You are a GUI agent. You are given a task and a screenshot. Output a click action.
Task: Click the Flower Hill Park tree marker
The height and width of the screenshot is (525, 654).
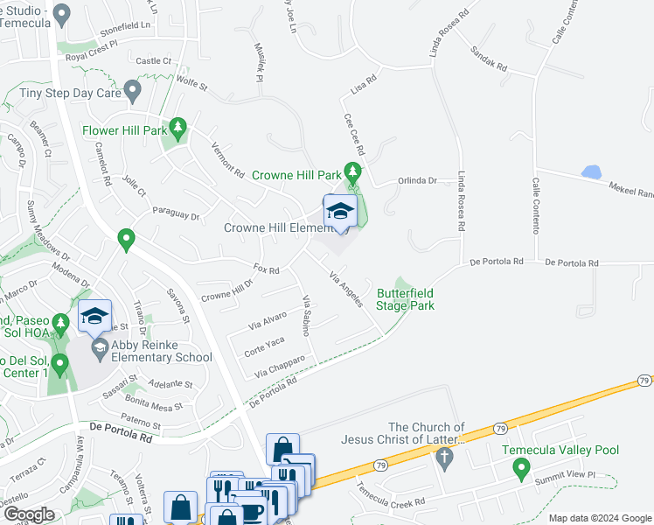[x=178, y=129]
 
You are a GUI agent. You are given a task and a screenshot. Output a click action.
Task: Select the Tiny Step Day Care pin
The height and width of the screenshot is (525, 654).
[x=133, y=89]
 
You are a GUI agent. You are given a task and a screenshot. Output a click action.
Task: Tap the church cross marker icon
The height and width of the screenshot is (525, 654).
[x=444, y=457]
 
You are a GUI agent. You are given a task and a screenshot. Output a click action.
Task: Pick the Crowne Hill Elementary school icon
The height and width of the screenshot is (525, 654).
[x=340, y=212]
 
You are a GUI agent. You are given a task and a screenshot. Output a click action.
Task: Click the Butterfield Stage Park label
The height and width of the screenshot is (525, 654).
[x=405, y=299]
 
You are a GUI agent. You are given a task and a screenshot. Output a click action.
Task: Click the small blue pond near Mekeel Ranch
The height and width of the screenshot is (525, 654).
[x=591, y=172]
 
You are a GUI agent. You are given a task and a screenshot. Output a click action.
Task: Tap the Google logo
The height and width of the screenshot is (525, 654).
[x=28, y=514]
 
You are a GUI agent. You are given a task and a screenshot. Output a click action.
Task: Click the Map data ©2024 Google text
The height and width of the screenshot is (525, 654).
[x=600, y=518]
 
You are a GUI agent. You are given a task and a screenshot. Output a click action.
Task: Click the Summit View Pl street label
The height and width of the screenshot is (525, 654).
[x=566, y=474]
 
